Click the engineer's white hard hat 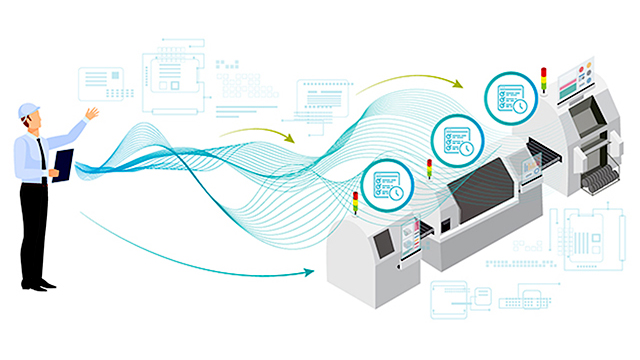[x=27, y=108]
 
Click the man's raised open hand [x=91, y=113]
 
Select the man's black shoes [x=38, y=284]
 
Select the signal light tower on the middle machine [x=429, y=169]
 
